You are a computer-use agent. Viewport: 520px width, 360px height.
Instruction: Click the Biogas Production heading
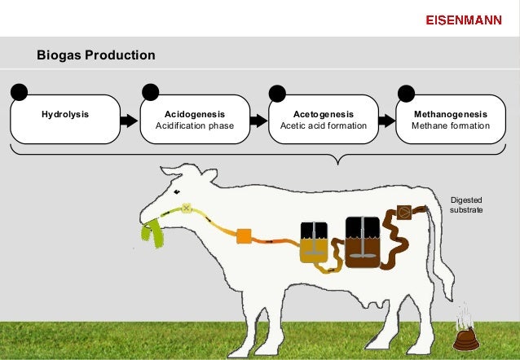[x=96, y=56]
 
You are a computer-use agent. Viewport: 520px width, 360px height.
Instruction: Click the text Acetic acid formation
[x=324, y=126]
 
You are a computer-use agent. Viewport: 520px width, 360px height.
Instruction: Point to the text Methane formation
[x=452, y=126]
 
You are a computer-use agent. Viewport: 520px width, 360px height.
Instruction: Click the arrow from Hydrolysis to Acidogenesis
[x=128, y=121]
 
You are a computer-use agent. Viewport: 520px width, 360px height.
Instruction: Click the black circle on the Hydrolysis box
[x=19, y=91]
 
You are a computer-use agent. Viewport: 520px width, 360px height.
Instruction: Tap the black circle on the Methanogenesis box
[x=405, y=92]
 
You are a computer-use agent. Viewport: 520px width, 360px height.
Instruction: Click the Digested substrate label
[x=465, y=204]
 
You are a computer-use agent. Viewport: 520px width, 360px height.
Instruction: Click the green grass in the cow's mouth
[x=152, y=232]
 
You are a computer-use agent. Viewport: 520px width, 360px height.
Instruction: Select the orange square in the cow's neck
[x=243, y=236]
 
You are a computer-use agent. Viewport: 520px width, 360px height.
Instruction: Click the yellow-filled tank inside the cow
[x=313, y=243]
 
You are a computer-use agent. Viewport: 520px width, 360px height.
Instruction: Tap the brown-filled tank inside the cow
[x=359, y=242]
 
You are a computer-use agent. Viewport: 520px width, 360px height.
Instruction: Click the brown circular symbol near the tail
[x=403, y=213]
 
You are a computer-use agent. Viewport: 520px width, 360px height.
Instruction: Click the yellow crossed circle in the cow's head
[x=186, y=209]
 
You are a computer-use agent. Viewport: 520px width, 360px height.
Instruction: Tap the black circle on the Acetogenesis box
[x=277, y=92]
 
